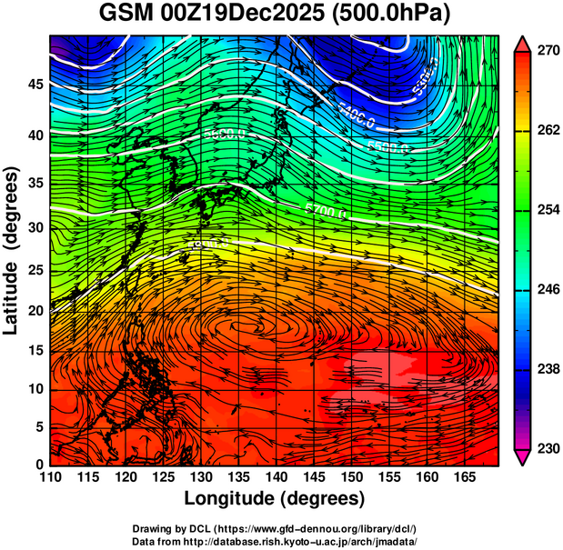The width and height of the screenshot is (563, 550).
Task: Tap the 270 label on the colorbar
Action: tap(548, 52)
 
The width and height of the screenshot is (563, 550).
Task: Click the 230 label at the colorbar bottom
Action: tap(548, 448)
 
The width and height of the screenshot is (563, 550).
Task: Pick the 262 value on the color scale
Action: tap(548, 131)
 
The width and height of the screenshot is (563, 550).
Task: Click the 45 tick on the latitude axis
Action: tap(34, 85)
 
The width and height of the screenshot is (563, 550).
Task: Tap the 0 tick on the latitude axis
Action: tap(38, 465)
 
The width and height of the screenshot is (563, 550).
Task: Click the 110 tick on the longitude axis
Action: tap(50, 477)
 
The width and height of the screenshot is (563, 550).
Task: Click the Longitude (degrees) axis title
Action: tap(274, 499)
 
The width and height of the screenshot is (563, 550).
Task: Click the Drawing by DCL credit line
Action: tap(274, 528)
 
